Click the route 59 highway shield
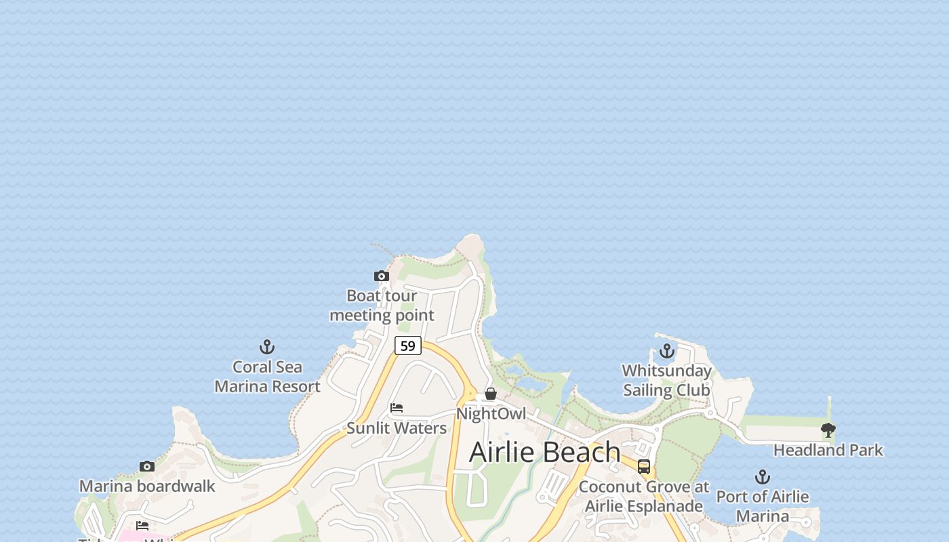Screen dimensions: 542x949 point(408,346)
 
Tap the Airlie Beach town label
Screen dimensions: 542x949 point(544,452)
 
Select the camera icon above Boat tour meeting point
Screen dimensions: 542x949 point(382,276)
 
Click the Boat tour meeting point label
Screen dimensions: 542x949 point(382,305)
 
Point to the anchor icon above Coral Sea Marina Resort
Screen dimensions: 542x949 point(267,348)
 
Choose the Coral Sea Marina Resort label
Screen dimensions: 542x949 point(267,377)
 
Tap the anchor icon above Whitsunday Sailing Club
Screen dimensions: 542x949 point(667,351)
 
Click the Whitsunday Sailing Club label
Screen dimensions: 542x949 point(667,380)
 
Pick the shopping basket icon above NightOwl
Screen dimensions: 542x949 point(491,394)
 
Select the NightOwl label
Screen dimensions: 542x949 point(491,413)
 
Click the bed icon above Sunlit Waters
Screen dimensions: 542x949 point(397,408)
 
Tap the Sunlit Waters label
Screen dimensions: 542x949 point(397,428)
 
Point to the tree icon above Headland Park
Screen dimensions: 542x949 point(828,430)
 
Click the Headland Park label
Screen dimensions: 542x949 point(828,450)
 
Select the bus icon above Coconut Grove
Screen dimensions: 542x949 point(644,466)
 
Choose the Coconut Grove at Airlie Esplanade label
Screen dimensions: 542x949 point(644,497)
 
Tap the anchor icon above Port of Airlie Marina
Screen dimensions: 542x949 point(763,477)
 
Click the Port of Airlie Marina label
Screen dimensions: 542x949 point(763,506)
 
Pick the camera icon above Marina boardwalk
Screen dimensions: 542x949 point(147,466)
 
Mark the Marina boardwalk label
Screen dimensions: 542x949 point(147,486)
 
